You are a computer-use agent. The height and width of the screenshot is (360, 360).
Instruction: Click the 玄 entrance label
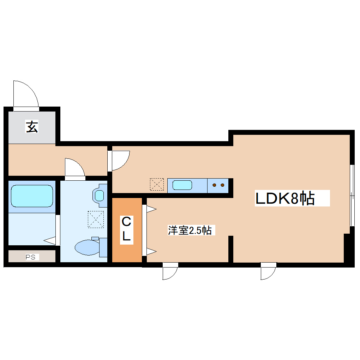[32, 127]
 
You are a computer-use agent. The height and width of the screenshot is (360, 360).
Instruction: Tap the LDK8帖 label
[285, 199]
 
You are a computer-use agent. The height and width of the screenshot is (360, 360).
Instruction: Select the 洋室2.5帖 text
[190, 231]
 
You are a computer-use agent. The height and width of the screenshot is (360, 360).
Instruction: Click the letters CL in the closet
[126, 230]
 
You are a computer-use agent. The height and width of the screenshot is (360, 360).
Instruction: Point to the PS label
[32, 257]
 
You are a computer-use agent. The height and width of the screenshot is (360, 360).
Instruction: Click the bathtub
[32, 196]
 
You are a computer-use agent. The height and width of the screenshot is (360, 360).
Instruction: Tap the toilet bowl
[87, 247]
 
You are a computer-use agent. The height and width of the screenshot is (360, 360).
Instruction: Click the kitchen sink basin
[182, 185]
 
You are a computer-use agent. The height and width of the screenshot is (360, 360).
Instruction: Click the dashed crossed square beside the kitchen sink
[157, 184]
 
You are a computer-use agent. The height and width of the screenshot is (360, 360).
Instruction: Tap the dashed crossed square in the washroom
[96, 219]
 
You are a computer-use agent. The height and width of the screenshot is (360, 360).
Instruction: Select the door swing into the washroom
[75, 167]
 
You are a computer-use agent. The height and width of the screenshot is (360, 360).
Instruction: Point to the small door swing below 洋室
[169, 271]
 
